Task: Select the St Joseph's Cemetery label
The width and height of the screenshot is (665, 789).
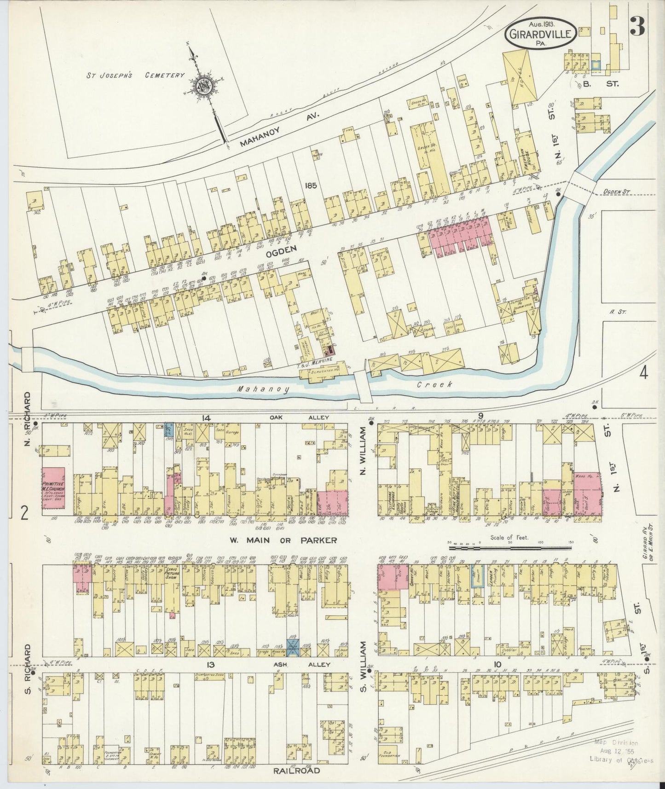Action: click(137, 75)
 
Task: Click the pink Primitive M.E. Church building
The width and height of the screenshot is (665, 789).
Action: click(53, 488)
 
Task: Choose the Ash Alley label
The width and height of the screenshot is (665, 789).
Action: click(307, 664)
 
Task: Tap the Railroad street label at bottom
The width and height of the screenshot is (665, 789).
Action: click(295, 770)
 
